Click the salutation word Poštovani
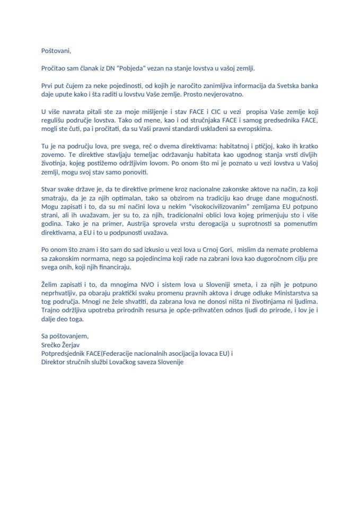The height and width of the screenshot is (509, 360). click(56, 51)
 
